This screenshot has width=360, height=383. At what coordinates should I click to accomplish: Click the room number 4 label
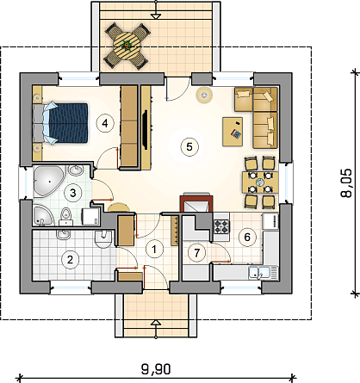[105, 123]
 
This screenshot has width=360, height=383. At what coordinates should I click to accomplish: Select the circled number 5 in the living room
[189, 146]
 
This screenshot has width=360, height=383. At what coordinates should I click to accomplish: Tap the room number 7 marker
[196, 253]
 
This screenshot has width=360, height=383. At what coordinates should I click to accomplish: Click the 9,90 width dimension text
[156, 369]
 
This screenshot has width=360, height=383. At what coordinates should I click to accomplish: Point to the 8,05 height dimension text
[346, 183]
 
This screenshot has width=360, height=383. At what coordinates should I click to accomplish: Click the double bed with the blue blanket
[60, 123]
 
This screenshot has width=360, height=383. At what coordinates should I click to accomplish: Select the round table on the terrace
[127, 46]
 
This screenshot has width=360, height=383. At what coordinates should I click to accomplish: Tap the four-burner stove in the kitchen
[221, 226]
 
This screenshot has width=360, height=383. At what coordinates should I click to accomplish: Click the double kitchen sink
[259, 272]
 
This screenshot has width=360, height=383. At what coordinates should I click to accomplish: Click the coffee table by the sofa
[233, 132]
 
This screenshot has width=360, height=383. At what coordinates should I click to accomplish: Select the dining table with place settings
[260, 182]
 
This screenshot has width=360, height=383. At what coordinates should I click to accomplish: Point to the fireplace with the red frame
[196, 203]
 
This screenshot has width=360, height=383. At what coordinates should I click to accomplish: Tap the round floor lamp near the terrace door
[204, 95]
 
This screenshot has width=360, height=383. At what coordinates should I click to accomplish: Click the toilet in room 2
[103, 238]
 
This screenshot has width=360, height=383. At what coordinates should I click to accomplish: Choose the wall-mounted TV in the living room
[145, 129]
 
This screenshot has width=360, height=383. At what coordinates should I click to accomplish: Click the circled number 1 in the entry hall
[154, 249]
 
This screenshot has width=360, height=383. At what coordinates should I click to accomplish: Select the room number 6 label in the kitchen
[247, 238]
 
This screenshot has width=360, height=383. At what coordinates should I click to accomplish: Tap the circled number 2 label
[70, 260]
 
